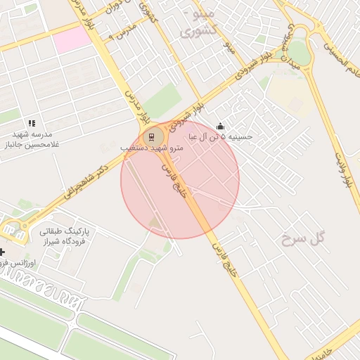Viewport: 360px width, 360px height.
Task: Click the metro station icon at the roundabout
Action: click(x=152, y=136)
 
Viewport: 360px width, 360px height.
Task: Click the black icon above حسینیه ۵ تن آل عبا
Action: click(x=221, y=127)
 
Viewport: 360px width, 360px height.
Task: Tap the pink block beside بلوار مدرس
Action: click(x=72, y=39)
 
